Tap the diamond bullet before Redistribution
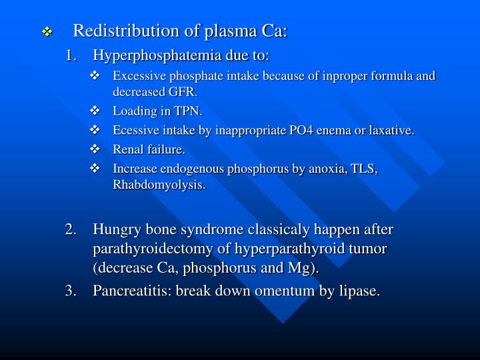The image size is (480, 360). pyautogui.click(x=47, y=32)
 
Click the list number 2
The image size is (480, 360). pyautogui.click(x=70, y=230)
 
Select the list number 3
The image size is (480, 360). pyautogui.click(x=70, y=291)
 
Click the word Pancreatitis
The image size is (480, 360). pyautogui.click(x=131, y=291)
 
